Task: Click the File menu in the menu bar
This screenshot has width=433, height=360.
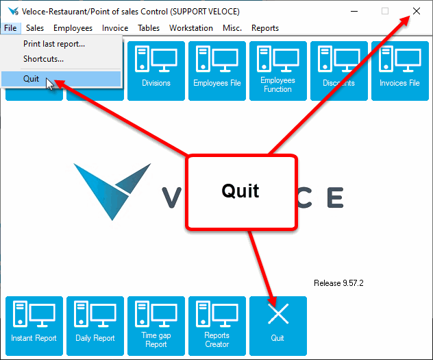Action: click(10, 28)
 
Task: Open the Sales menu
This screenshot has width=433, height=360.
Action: click(35, 28)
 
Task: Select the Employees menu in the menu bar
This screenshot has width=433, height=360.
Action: click(73, 28)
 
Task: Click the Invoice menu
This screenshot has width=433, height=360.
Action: click(115, 28)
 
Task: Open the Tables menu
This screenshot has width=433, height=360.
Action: click(149, 28)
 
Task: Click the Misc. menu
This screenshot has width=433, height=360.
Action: click(232, 28)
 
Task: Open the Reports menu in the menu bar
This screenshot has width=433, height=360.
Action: click(265, 28)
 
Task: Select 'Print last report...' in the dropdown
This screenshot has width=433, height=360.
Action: click(54, 44)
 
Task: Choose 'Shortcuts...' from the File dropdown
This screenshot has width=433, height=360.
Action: click(44, 59)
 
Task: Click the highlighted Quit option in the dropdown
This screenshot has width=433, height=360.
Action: click(32, 79)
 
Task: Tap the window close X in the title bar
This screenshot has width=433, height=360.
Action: click(417, 11)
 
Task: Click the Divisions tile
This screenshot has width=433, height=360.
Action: click(156, 71)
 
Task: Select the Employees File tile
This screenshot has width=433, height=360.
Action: click(217, 71)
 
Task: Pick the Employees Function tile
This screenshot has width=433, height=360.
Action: click(277, 71)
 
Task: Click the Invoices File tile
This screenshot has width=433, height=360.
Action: click(399, 71)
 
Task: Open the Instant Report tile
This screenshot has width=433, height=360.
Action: click(34, 326)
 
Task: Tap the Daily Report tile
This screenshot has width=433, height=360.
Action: click(95, 326)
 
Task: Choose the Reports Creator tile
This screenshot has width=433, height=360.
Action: click(217, 326)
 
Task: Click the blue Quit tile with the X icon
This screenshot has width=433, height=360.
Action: click(277, 326)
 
